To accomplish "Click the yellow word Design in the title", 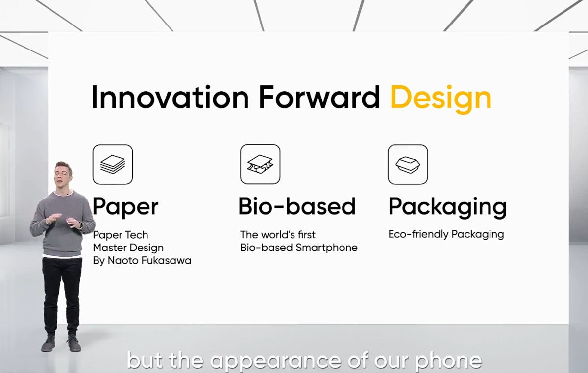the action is [x=441, y=99].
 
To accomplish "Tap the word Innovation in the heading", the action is [x=170, y=97].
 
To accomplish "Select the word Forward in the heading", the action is [x=319, y=97].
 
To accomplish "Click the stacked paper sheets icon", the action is [x=113, y=164].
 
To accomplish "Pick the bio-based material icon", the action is [x=260, y=164].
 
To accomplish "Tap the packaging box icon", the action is [x=408, y=164].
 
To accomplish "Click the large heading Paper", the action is [x=125, y=207].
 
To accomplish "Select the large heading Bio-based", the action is [x=297, y=206].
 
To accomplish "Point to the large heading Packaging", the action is [x=447, y=207].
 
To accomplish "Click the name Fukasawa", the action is [x=166, y=260].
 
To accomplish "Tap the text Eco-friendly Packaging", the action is [x=446, y=234].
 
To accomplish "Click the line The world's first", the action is [x=278, y=235].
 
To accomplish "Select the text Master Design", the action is [x=128, y=248].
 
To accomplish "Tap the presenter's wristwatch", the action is [x=80, y=225].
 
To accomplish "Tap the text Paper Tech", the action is [x=121, y=235].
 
